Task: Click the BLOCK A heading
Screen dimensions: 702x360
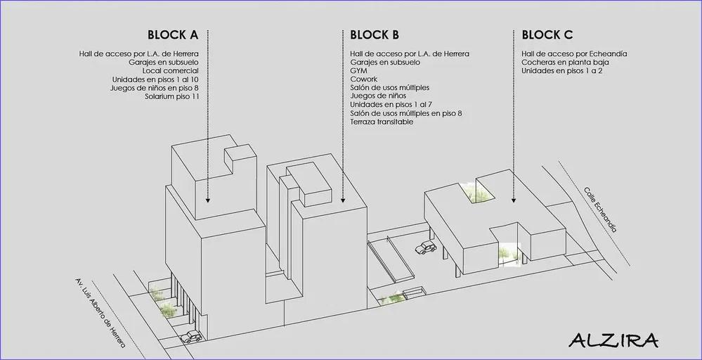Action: [x=173, y=35]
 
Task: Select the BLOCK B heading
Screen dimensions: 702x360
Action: [x=375, y=35]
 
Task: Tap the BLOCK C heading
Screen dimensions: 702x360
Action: [x=547, y=35]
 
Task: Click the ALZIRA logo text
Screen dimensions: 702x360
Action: [x=613, y=341]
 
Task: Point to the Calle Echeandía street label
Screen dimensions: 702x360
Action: [x=600, y=210]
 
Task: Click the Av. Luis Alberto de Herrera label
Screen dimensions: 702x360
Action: [x=100, y=313]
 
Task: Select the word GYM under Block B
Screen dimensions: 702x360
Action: [x=358, y=71]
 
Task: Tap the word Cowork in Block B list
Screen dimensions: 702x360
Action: [x=363, y=79]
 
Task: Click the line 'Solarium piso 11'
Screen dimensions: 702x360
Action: [x=171, y=96]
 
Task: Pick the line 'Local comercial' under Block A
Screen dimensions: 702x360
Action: [x=171, y=71]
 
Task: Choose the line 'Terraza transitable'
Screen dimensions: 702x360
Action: [x=382, y=122]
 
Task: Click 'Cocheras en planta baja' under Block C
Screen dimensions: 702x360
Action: [x=565, y=63]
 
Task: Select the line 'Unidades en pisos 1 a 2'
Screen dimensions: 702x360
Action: [x=562, y=71]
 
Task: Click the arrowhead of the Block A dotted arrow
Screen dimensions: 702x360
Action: [x=208, y=201]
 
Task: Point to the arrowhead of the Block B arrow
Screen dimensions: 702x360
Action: [x=342, y=201]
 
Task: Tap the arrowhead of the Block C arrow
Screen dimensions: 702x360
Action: [x=514, y=201]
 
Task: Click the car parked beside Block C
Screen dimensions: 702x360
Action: [x=426, y=247]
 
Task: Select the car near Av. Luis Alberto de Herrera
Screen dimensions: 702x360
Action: [x=192, y=337]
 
